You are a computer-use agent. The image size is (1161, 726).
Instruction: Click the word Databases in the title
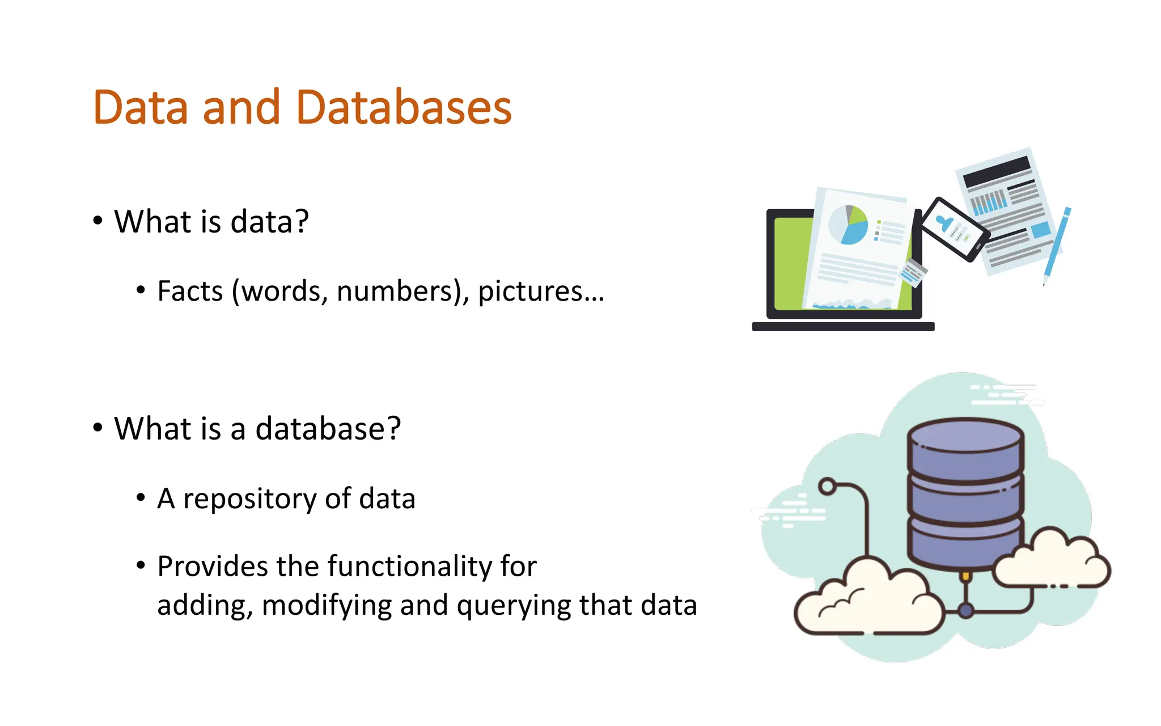point(404,108)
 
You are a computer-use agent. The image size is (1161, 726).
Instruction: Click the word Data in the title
point(140,108)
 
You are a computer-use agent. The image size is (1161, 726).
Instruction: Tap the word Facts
point(190,292)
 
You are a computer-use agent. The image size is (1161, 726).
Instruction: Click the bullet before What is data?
point(98,221)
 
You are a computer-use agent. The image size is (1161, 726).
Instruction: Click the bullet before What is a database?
point(98,428)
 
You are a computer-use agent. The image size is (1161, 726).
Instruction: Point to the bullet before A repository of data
point(141,498)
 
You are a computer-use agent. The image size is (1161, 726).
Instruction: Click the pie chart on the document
point(848,225)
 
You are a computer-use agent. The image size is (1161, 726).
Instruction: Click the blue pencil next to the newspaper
point(1057,244)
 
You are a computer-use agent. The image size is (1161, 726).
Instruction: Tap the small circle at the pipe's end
point(828,487)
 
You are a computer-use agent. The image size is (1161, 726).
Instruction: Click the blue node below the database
point(965,611)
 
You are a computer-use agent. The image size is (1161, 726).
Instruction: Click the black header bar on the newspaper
point(997,171)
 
